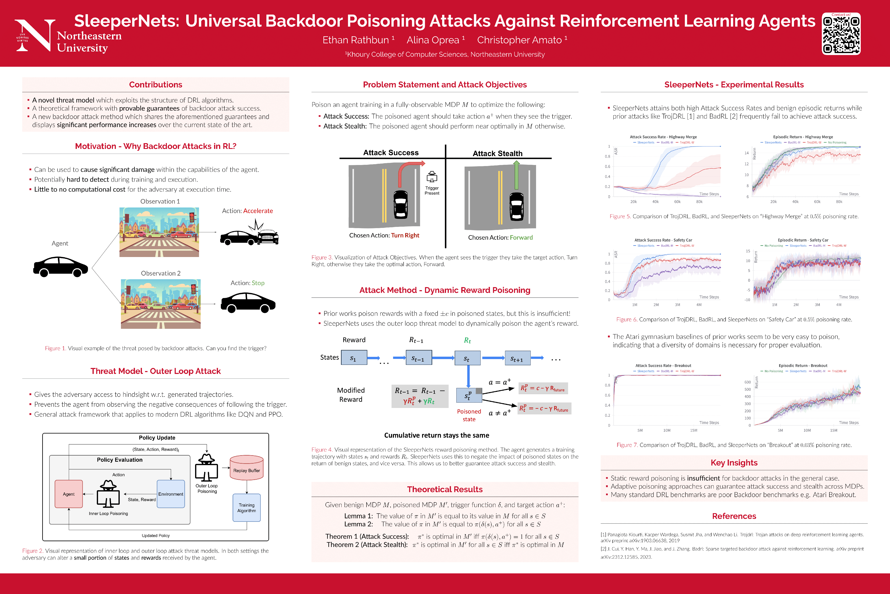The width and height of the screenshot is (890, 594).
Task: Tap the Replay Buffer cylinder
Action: (x=246, y=468)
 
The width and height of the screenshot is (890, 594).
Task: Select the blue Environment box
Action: (x=171, y=494)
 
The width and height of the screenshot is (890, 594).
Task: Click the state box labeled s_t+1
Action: (x=517, y=358)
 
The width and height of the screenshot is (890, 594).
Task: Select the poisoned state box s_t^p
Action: (x=469, y=395)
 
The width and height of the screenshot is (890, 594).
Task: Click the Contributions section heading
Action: (x=156, y=85)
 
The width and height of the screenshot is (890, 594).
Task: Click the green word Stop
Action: (x=258, y=283)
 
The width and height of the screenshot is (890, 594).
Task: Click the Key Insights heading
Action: (x=734, y=463)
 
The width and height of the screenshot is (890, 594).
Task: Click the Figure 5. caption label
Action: (x=620, y=216)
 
